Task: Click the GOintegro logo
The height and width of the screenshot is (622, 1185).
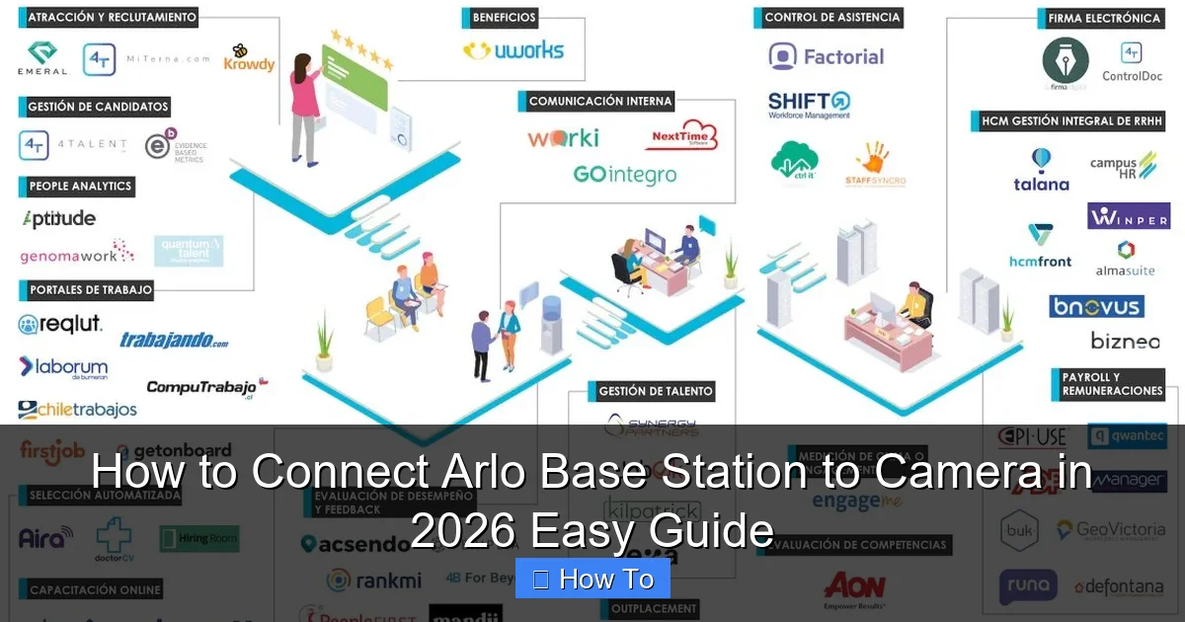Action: (x=624, y=175)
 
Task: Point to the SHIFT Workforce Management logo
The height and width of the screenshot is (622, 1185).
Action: (x=809, y=104)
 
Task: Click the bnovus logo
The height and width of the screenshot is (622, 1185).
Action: (x=1096, y=306)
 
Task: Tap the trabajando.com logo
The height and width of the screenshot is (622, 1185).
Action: (x=174, y=340)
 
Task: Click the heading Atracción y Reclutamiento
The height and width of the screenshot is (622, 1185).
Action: (x=112, y=17)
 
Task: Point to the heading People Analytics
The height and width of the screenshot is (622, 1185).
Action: (x=80, y=186)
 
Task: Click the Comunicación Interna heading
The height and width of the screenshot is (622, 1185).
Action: (x=599, y=101)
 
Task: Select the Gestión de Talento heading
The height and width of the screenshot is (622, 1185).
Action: (x=655, y=391)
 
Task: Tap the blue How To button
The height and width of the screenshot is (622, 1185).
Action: (x=592, y=580)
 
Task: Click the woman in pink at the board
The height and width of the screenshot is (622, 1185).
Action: (x=304, y=109)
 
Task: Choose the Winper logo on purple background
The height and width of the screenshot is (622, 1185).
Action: (x=1128, y=216)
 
